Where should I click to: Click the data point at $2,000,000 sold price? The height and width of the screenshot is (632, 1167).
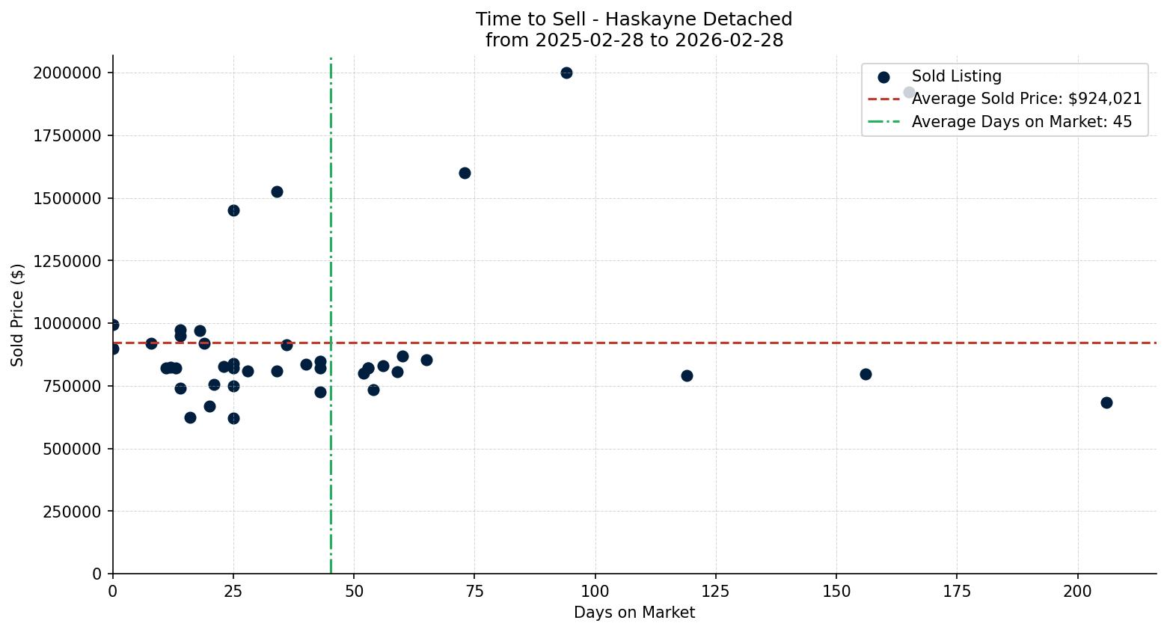click(566, 73)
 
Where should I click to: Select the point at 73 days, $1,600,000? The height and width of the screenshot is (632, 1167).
click(465, 173)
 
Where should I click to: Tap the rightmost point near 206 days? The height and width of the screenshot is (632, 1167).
click(1106, 402)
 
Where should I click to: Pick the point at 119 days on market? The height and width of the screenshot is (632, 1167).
click(687, 375)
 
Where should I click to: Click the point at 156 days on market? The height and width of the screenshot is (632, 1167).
click(866, 374)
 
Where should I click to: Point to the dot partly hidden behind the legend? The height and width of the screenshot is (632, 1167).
click(909, 92)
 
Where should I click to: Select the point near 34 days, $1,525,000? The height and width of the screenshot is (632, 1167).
click(277, 191)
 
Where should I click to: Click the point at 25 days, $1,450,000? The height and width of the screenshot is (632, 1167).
click(233, 210)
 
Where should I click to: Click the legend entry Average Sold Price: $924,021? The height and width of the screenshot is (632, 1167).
click(1026, 99)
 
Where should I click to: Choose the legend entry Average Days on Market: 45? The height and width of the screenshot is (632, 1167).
click(1021, 122)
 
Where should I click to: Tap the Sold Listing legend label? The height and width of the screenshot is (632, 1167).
click(956, 76)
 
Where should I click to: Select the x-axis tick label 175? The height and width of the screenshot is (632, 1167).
click(957, 592)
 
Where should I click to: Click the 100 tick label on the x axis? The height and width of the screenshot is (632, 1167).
click(595, 592)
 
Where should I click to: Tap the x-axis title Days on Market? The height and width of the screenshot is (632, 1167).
click(634, 613)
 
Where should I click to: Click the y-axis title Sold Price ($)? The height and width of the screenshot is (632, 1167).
click(17, 315)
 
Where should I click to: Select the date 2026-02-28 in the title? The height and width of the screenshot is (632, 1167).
click(729, 40)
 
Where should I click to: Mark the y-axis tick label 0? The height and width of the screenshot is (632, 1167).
click(97, 574)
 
